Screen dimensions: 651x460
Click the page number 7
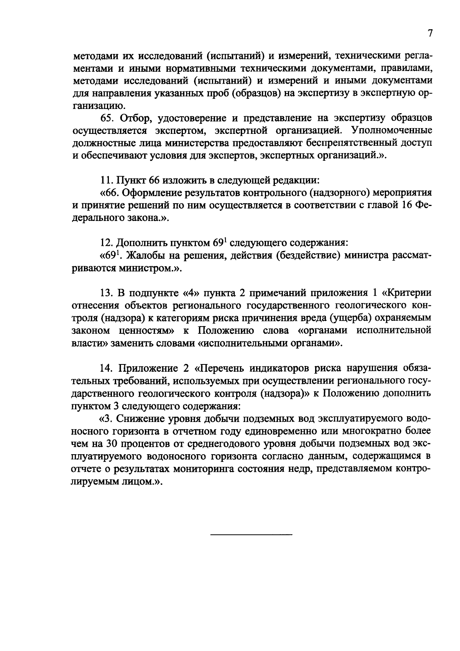click(x=430, y=34)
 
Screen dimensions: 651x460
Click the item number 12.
click(x=105, y=242)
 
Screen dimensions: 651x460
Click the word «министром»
click(x=140, y=268)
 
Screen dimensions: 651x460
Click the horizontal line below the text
click(x=251, y=534)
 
